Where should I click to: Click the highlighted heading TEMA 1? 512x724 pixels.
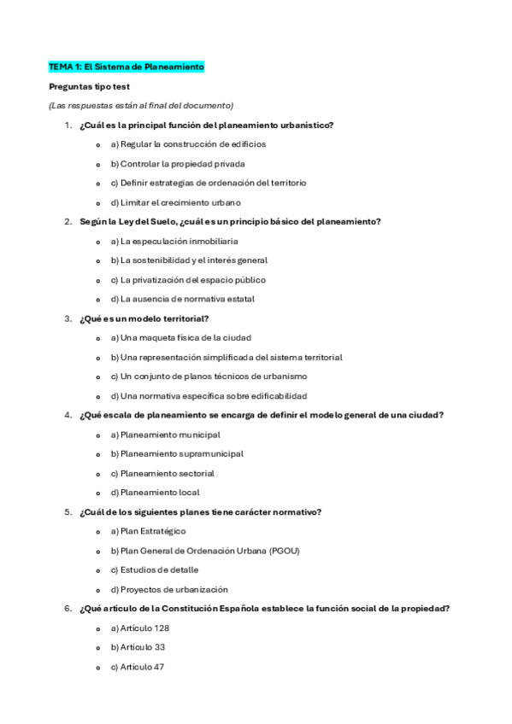click(127, 67)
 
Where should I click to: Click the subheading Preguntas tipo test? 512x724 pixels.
click(89, 86)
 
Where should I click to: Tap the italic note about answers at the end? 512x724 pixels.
click(141, 105)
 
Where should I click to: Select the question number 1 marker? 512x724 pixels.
click(68, 126)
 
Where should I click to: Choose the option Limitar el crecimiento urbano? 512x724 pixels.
click(174, 202)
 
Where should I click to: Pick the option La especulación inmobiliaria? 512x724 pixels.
click(173, 242)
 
